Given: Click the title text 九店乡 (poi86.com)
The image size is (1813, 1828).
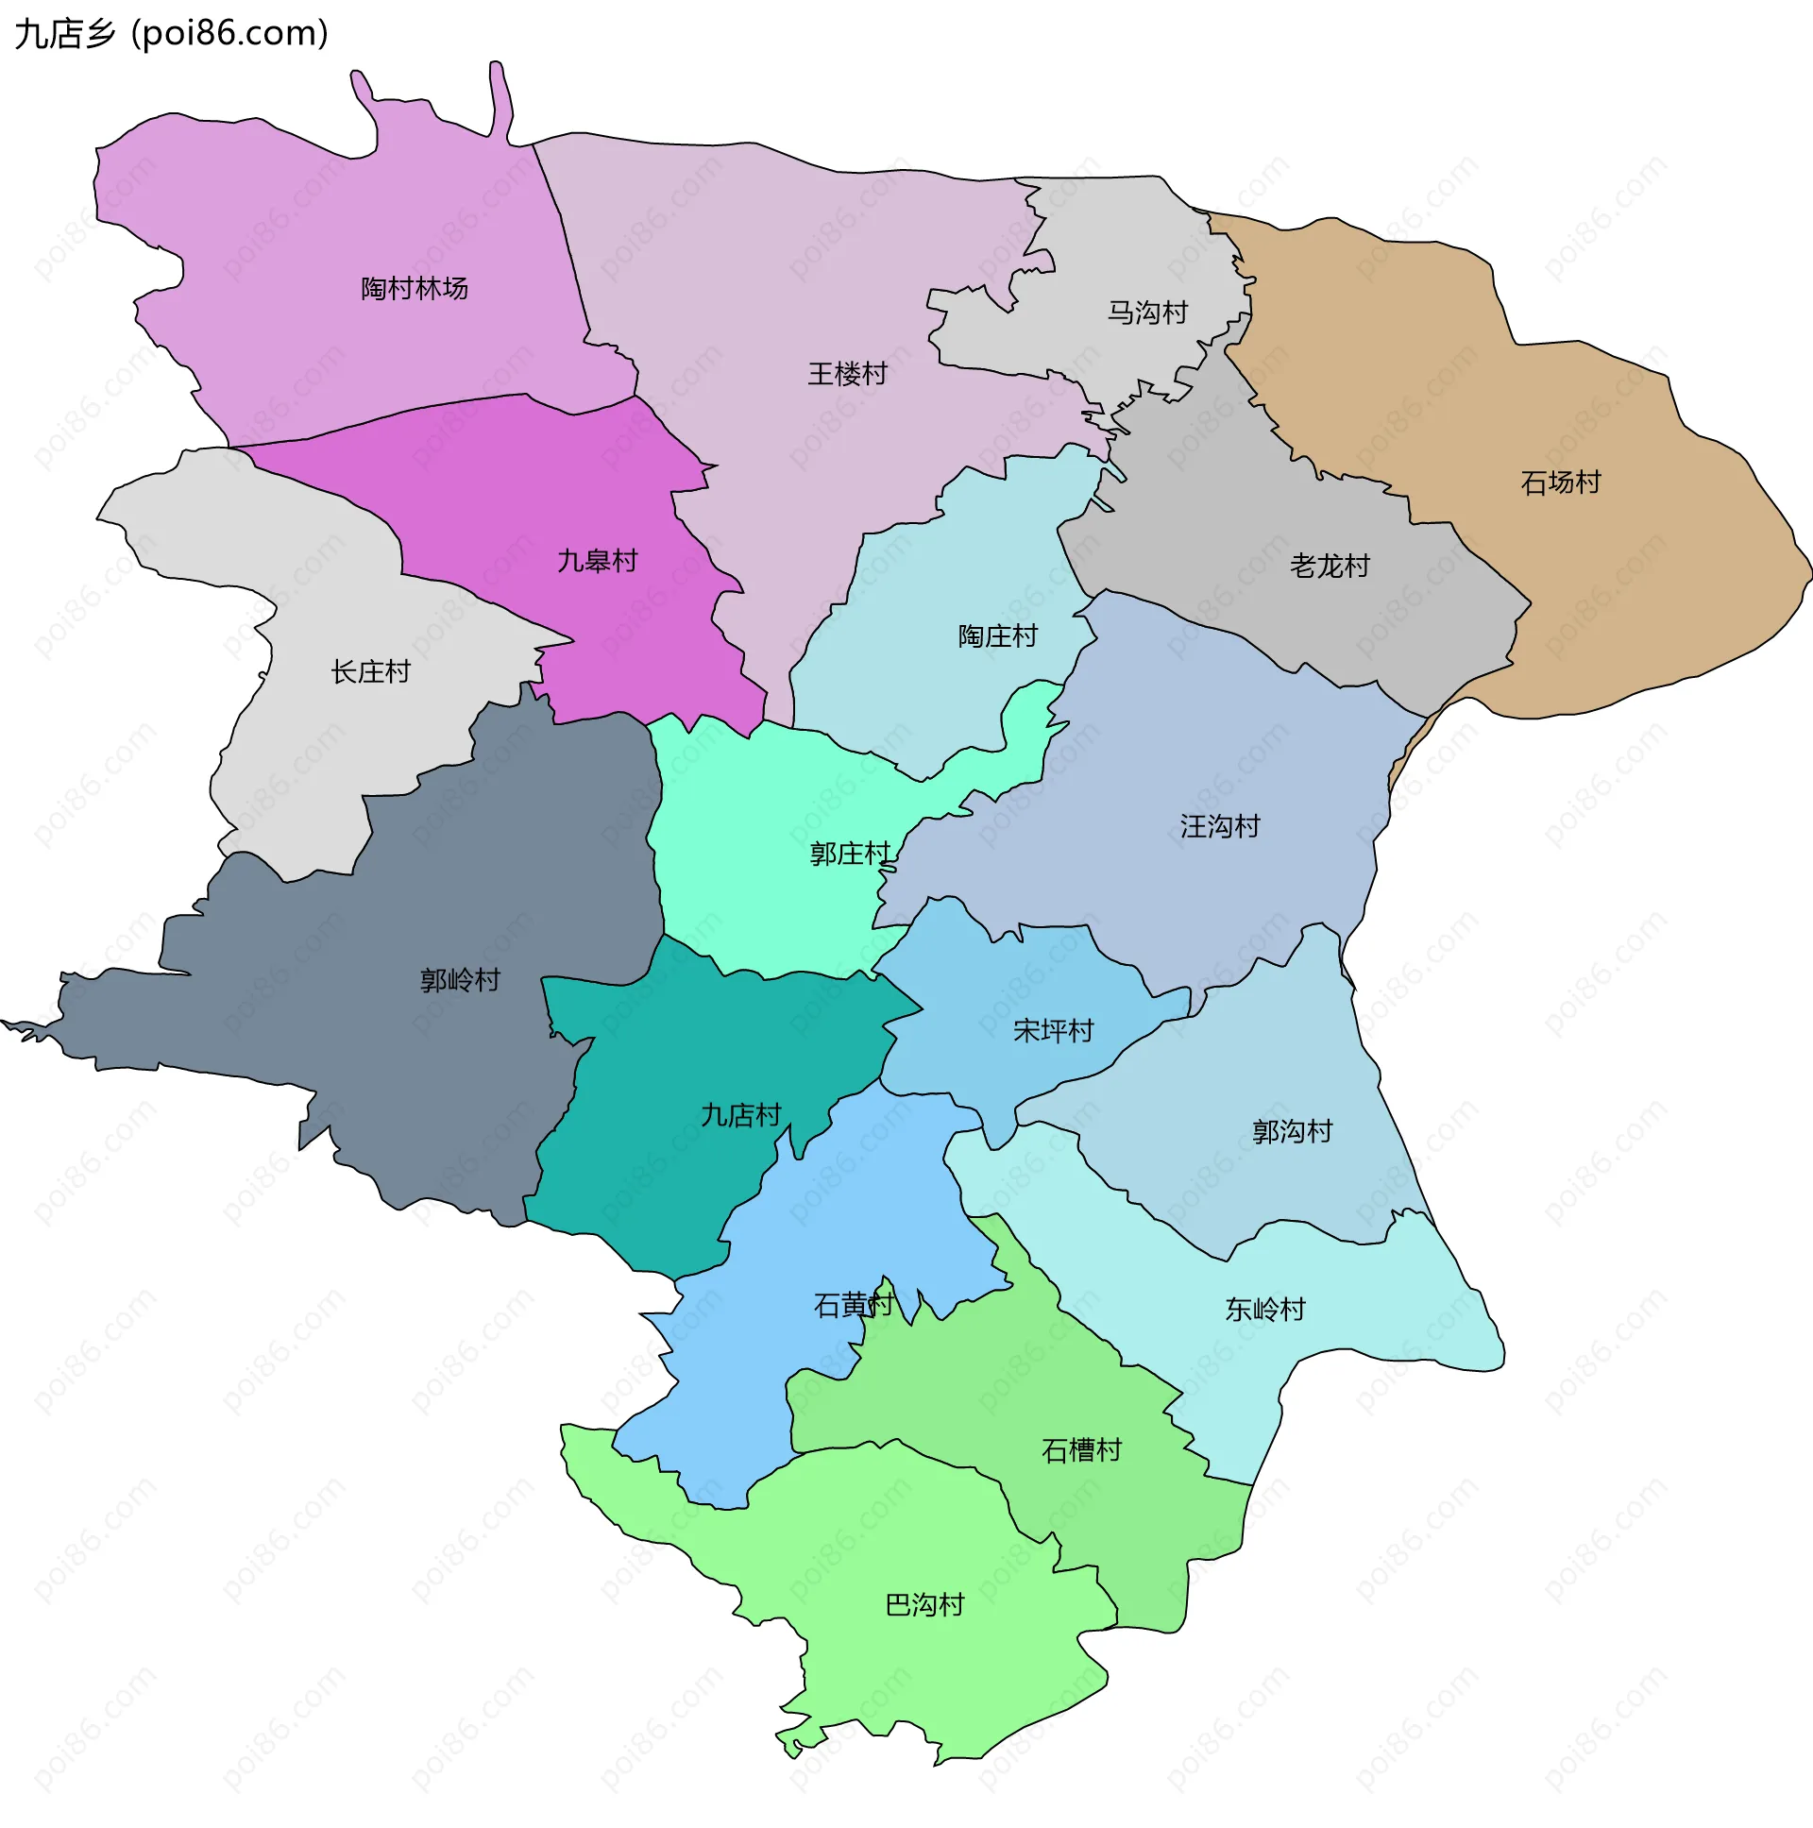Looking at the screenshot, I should pos(171,33).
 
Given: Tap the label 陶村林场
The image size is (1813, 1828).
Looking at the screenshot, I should pos(415,289).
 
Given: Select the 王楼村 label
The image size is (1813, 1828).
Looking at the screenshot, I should pos(847,374).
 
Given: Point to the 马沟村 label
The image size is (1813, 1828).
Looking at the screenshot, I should pos(1147,313).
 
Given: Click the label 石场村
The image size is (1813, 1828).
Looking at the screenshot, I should pos(1559,482).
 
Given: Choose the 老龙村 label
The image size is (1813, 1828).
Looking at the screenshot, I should pos(1329,566).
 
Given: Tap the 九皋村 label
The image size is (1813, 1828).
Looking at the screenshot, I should pos(597,561).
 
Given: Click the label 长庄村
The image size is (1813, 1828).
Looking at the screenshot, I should pos(370,671).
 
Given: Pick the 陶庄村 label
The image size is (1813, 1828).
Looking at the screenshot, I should pos(997,635).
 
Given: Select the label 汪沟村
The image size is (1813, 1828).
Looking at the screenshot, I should pos(1219,826).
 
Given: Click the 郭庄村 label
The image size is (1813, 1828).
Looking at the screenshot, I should pos(849,854).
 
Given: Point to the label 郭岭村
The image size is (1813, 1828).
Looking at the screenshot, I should pos(460,979).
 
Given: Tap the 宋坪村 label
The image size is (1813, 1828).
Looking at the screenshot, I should pos(1052,1030).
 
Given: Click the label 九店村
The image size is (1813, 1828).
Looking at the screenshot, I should pos(740,1114).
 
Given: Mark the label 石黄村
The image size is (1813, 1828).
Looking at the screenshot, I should pos(853,1306).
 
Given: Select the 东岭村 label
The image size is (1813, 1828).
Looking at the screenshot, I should pos(1264,1309).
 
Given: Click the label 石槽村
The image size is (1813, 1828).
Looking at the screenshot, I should pos(1080,1449).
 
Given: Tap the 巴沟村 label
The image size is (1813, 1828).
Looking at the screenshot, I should pos(923,1605).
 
